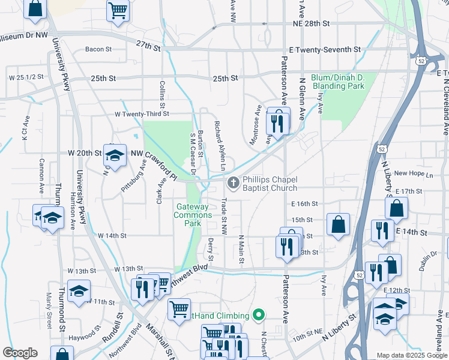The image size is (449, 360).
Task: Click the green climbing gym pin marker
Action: [x=259, y=315]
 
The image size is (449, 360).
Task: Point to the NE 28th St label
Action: [x=312, y=23]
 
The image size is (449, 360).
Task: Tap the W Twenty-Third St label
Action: [x=146, y=113]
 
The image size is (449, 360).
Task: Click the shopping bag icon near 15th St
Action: [x=339, y=224]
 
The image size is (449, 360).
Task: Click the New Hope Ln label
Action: [x=413, y=174]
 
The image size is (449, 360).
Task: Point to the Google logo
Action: [x=20, y=353]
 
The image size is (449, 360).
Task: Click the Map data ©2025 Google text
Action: [x=412, y=355]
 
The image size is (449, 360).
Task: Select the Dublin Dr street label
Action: [x=430, y=262]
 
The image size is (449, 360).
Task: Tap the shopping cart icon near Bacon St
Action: [x=118, y=10]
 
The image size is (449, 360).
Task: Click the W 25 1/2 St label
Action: [x=26, y=78]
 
